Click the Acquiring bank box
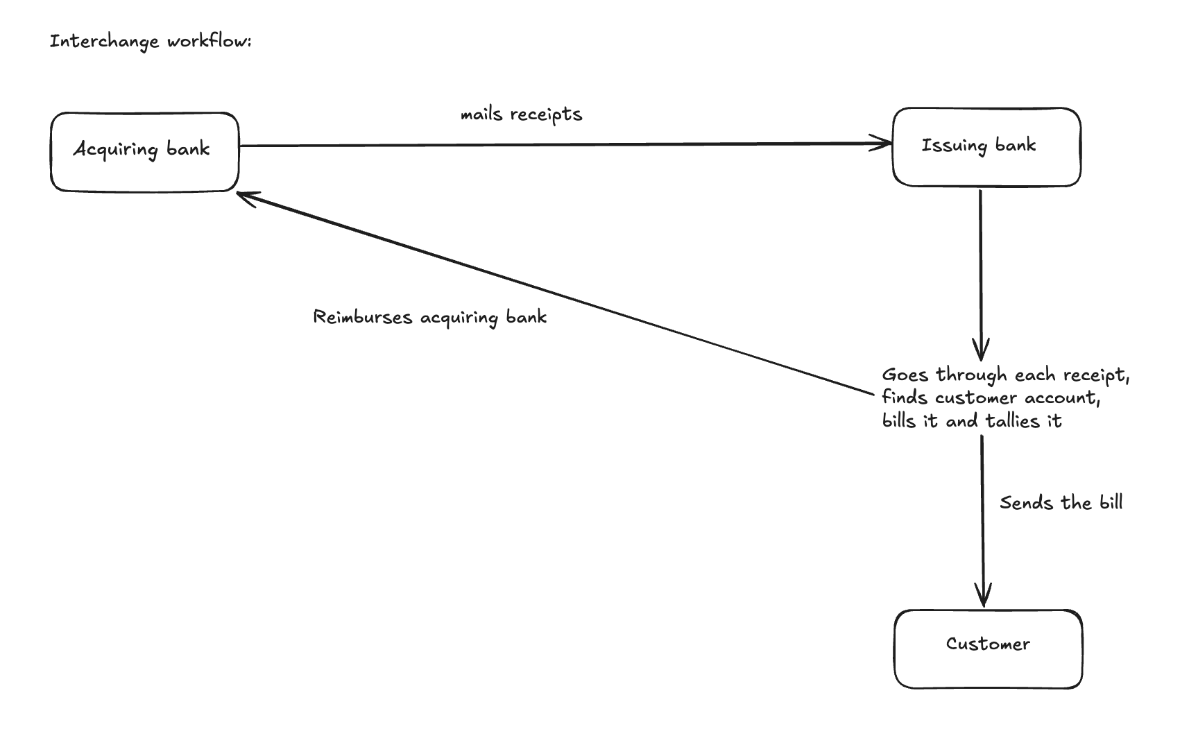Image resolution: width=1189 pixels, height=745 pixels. pos(144,152)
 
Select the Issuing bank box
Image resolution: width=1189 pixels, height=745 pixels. pos(986,147)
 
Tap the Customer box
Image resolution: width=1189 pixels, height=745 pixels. pos(988,649)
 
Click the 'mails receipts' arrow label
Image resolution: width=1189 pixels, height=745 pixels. pos(521,114)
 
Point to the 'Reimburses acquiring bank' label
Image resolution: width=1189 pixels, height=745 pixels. pos(429,318)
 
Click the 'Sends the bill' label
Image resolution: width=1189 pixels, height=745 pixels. pos(1061,503)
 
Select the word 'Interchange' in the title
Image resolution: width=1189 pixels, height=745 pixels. pos(104,42)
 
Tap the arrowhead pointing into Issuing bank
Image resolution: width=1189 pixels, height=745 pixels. pos(886,144)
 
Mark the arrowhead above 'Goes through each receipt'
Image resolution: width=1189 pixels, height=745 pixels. pos(981,351)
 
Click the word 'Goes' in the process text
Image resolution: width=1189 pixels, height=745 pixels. pos(905,375)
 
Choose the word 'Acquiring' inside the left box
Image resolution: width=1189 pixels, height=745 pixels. pos(116,150)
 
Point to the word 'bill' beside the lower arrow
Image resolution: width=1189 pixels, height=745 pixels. pos(1111,502)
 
